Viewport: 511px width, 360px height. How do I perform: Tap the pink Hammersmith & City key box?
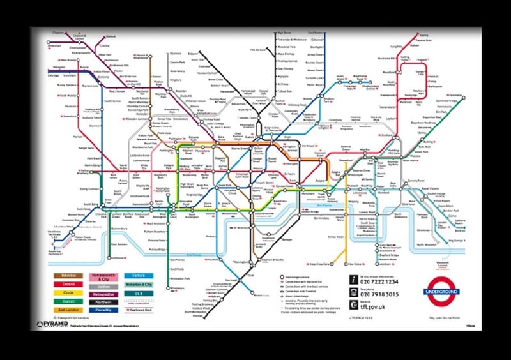tap(103, 276)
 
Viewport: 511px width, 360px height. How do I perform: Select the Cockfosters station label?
tap(316, 32)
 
